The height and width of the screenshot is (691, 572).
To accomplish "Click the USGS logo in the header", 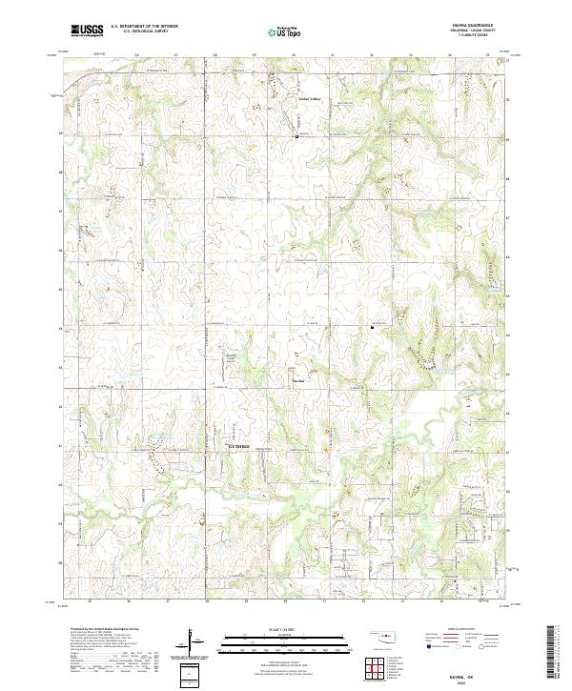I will [x=88, y=30].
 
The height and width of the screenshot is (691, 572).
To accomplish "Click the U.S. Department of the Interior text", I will [x=144, y=27].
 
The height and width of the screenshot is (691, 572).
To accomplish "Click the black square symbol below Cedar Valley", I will [x=297, y=136].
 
